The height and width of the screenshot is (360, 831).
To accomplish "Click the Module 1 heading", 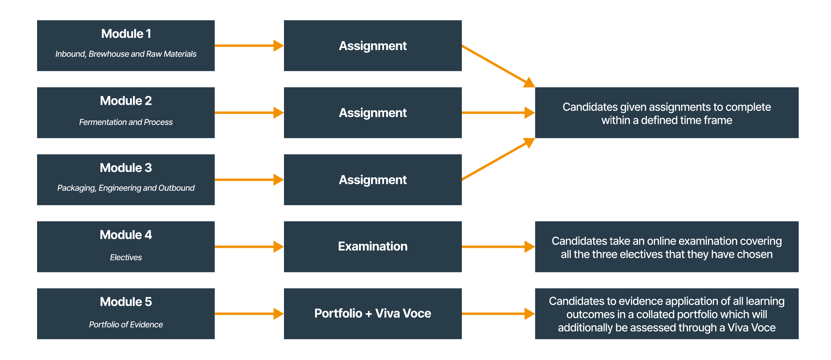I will coord(126,34).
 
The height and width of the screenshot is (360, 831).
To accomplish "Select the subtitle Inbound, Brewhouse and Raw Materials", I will coord(126,54).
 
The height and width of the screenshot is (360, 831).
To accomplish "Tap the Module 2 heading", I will coord(126,101).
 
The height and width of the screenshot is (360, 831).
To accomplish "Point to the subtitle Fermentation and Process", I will coord(126,122).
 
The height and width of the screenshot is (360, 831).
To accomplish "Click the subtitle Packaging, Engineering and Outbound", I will coord(126,188).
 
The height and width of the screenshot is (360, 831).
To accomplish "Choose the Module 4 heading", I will coord(126,235).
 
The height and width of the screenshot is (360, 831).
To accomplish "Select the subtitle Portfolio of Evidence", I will coord(126,324).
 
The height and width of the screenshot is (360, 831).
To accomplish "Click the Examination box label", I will coord(373,246).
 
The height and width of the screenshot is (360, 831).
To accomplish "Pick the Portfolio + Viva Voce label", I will coord(373,313).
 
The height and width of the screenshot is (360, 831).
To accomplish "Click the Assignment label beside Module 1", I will coord(373,46).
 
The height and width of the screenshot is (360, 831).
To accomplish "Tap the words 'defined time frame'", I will coord(686,120).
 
